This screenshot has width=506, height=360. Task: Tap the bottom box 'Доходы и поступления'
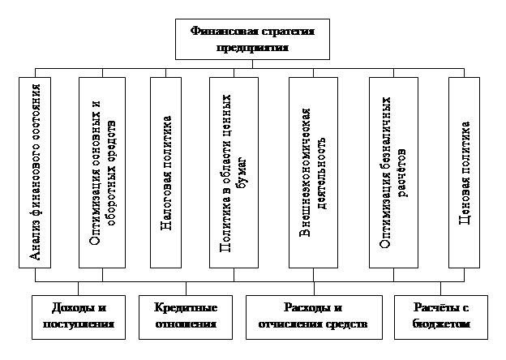[79, 317]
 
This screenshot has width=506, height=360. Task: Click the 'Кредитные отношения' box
[187, 317]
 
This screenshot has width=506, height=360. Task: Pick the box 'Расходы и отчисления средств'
[313, 317]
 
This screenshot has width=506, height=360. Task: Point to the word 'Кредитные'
[187, 309]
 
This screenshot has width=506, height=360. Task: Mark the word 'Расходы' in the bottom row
[302, 309]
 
